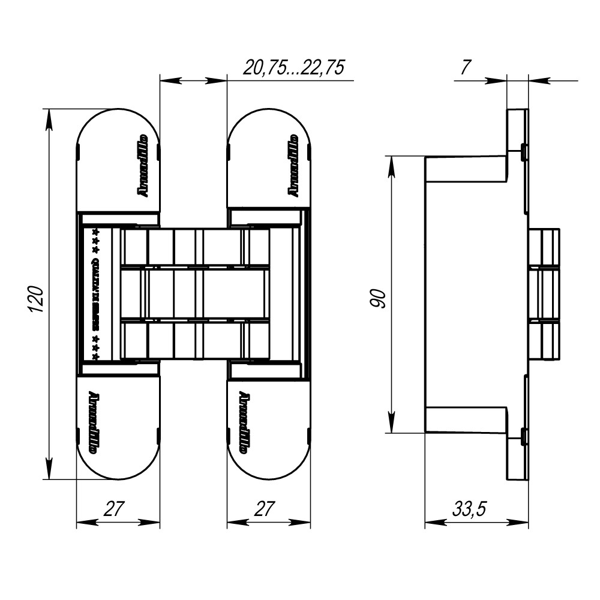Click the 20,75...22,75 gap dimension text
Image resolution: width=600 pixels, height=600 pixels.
tap(293, 67)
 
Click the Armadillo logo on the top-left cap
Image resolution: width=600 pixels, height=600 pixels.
tap(143, 165)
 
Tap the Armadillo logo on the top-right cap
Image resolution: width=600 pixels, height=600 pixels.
tap(293, 165)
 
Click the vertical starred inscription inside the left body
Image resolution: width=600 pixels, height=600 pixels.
tap(95, 294)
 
